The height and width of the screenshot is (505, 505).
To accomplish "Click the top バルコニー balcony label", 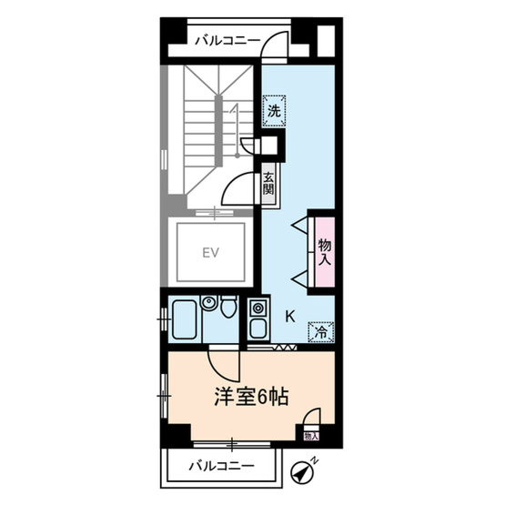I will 227,40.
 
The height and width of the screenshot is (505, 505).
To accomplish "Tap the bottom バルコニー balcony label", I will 222,467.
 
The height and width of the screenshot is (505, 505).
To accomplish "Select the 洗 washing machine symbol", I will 273,111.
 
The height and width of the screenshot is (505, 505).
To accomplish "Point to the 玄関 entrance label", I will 269,184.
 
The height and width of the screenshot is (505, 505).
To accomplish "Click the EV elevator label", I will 212,251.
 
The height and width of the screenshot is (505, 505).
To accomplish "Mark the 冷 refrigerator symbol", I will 321,332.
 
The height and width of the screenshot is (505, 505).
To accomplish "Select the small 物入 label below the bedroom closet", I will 311,437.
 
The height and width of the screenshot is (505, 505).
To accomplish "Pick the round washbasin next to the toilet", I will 209,303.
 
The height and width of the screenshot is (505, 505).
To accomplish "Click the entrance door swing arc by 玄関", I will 237,187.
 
